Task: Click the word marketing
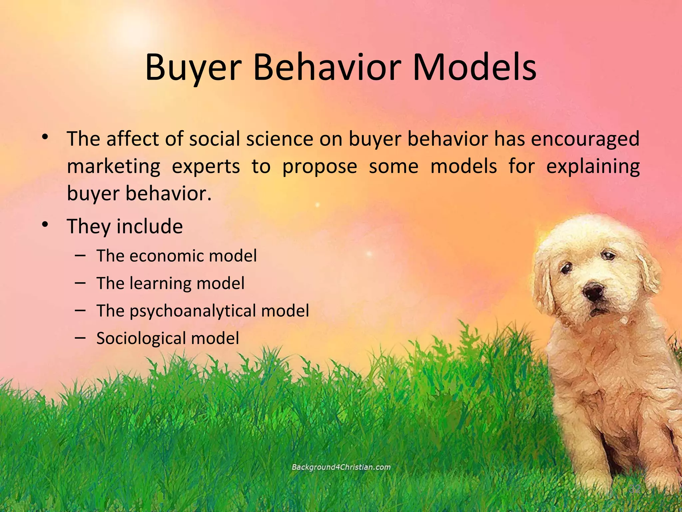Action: pyautogui.click(x=114, y=167)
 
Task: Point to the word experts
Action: pyautogui.click(x=205, y=167)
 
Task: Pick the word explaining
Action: pyautogui.click(x=593, y=167)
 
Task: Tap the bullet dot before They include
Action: pyautogui.click(x=45, y=224)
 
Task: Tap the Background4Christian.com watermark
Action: pyautogui.click(x=341, y=467)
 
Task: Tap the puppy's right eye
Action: pyautogui.click(x=610, y=256)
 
